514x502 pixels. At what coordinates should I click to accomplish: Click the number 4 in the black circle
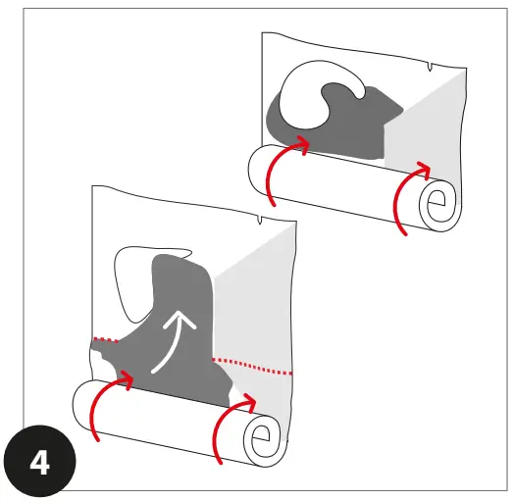coord(41,462)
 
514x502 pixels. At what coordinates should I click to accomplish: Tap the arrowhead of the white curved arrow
coord(179,321)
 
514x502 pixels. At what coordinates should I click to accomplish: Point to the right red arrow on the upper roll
coord(408,192)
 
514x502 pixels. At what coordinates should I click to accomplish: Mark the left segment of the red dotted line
coord(104,340)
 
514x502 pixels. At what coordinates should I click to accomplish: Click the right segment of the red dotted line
coord(253,366)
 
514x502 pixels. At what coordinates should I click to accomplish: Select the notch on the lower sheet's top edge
coord(259,222)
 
